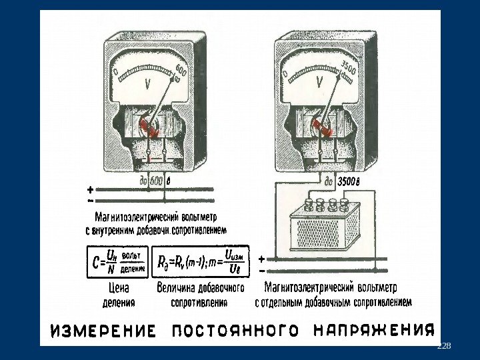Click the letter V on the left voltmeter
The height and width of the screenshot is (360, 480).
click(147, 85)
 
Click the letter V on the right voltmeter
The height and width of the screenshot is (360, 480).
click(320, 82)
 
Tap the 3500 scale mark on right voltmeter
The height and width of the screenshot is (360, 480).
click(349, 66)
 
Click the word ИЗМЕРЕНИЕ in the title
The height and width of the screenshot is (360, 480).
click(104, 331)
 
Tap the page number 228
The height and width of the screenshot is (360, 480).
click(443, 347)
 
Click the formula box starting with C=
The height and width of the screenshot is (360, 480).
click(117, 262)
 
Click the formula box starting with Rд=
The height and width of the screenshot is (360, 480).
click(200, 262)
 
